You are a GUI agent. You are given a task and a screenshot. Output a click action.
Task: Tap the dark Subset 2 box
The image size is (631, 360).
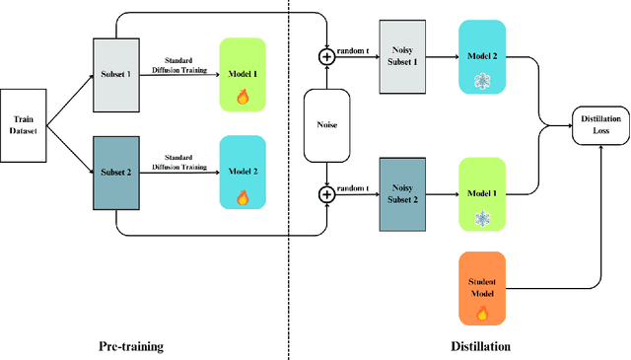(116, 173)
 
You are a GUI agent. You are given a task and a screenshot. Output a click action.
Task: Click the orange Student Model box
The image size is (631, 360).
(482, 287)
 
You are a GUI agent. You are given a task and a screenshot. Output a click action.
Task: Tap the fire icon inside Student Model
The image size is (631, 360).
(482, 313)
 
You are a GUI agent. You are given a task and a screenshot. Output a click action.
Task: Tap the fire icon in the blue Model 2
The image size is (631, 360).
(242, 196)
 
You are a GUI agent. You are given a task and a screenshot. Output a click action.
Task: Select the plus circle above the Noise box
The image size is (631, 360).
(325, 58)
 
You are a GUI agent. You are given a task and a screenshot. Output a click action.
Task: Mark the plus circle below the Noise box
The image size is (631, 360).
(325, 195)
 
